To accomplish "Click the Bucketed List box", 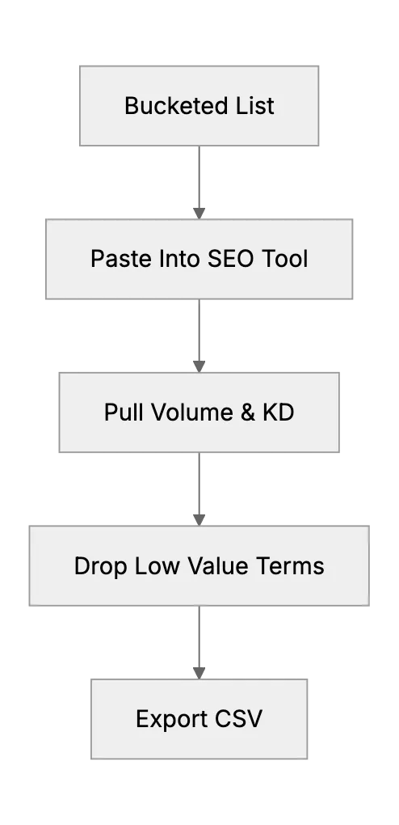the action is [x=199, y=106].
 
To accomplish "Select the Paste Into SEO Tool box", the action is [x=199, y=259].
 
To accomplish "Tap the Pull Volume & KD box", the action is [x=199, y=412].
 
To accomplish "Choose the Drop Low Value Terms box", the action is [x=199, y=565].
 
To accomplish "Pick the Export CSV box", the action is [x=199, y=719].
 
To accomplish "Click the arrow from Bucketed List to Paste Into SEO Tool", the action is [x=199, y=183].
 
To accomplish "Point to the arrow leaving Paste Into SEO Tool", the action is [x=199, y=336].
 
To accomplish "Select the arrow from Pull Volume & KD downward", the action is [x=199, y=489].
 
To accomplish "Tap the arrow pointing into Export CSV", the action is [x=199, y=642].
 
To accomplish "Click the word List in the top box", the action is [x=254, y=106].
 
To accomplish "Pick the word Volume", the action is [x=195, y=412].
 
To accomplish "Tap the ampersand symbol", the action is [x=248, y=412].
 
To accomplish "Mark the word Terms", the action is [x=290, y=566].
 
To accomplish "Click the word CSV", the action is [x=238, y=719].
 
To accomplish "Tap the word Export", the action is [x=171, y=719].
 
